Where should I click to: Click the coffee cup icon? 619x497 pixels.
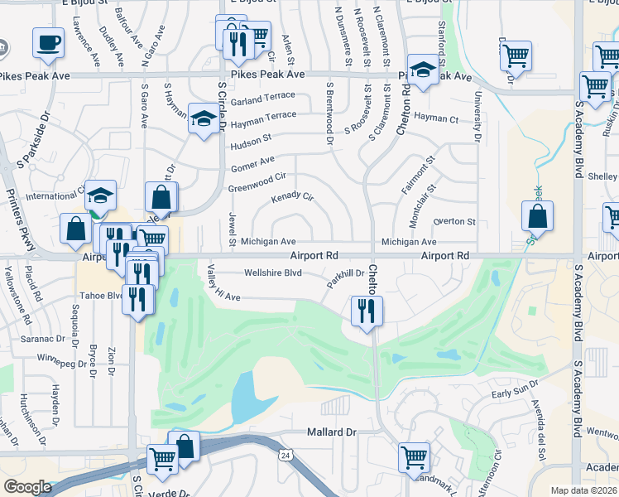[x=49, y=41]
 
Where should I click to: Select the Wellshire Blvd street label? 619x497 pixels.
[x=272, y=273]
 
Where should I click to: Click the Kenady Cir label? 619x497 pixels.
[x=293, y=198]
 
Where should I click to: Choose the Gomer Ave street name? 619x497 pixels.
[x=251, y=162]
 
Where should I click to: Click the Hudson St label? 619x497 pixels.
[x=250, y=140]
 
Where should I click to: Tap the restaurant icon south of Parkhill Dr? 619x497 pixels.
[x=365, y=311]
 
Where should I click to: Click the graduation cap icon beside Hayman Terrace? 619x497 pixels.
[x=203, y=118]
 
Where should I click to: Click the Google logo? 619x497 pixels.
[x=27, y=486]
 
